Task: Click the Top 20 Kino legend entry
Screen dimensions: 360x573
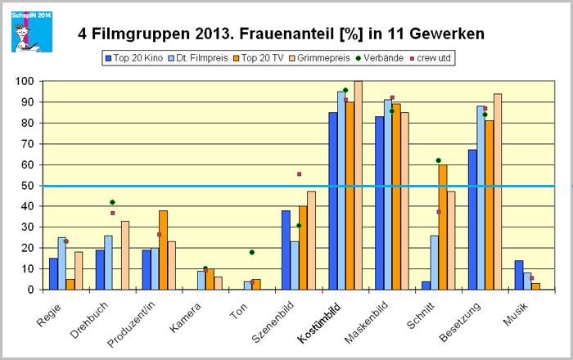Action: pos(128,58)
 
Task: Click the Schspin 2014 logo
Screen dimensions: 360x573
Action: pos(31,31)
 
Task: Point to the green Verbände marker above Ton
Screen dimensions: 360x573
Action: pos(252,252)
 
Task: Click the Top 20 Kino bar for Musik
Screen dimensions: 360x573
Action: pos(517,275)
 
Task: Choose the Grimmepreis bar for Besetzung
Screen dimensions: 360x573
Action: pos(498,192)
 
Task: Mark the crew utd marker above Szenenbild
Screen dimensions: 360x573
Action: pos(299,174)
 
